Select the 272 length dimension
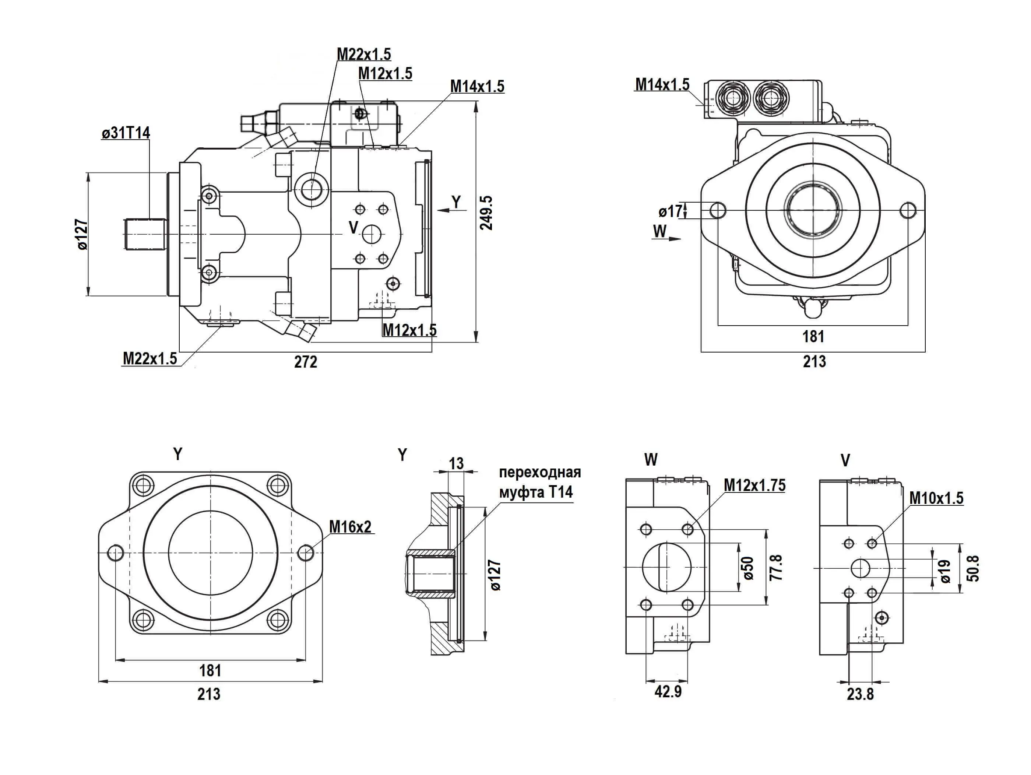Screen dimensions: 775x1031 (x=306, y=362)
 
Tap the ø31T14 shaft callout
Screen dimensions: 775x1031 (x=126, y=133)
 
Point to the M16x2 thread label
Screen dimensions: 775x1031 (x=350, y=527)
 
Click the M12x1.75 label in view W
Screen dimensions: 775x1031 (x=754, y=485)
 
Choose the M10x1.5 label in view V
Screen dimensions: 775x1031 (x=936, y=498)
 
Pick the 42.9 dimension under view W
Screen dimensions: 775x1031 (x=668, y=691)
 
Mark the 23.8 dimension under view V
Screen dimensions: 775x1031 (x=860, y=694)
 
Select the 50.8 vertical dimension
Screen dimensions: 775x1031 (x=973, y=568)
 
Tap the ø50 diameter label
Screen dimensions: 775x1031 (x=749, y=568)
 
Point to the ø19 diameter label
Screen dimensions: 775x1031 (x=945, y=571)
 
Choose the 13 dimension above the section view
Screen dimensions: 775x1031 (x=456, y=463)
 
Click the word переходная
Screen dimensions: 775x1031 (x=540, y=472)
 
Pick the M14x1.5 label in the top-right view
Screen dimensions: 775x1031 (x=662, y=85)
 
